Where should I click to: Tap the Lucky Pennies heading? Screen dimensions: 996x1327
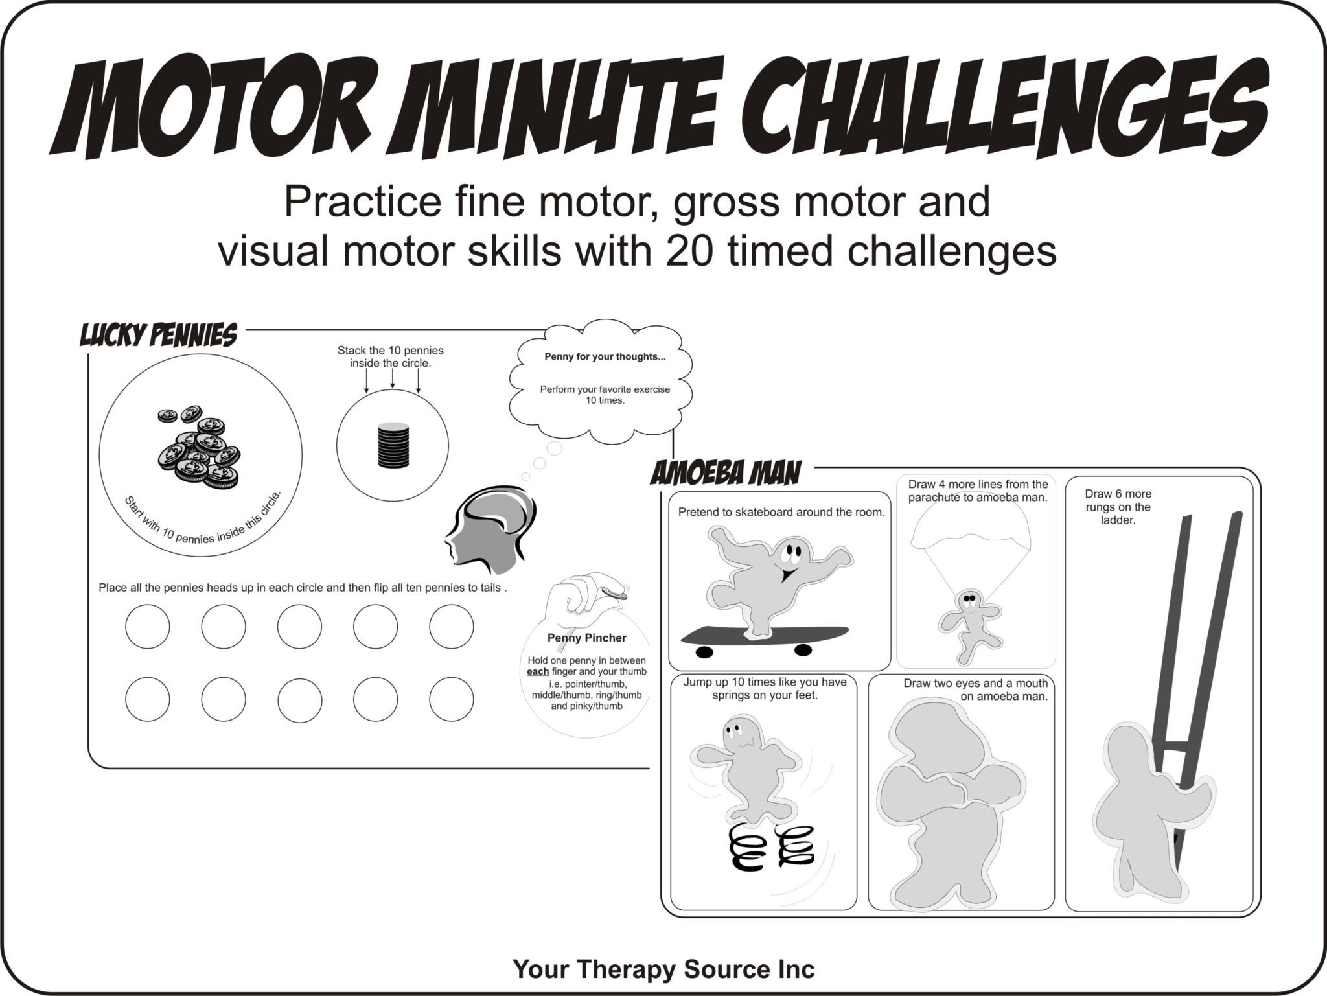(x=158, y=336)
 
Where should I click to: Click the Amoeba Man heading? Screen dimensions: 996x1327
(x=726, y=474)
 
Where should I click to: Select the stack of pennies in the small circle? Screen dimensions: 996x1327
(x=393, y=445)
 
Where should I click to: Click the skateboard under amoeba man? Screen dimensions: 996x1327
(x=765, y=636)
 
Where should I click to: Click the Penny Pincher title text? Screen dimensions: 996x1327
(x=586, y=638)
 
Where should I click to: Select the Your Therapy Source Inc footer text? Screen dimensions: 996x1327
(x=663, y=969)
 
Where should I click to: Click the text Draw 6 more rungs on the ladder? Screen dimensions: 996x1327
(x=1118, y=507)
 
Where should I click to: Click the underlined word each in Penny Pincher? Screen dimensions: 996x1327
(x=538, y=671)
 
